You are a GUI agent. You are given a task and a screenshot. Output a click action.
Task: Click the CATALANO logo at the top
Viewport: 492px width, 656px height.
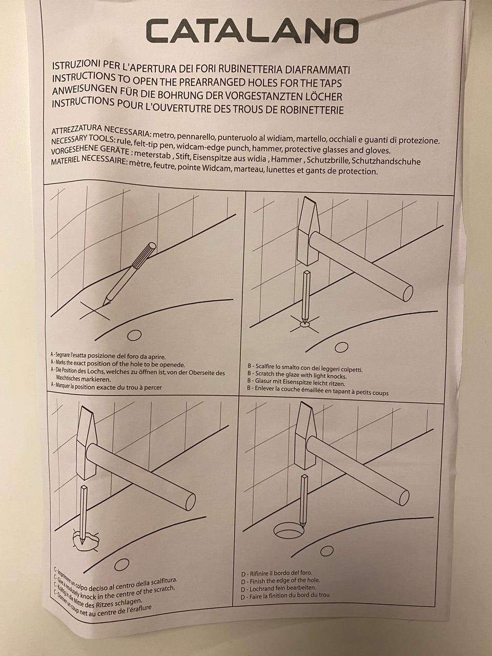[x=252, y=31]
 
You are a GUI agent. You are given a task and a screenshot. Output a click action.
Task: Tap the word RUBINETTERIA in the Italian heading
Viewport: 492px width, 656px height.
[x=250, y=69]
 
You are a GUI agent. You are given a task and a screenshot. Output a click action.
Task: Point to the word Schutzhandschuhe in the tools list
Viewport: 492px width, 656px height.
[x=386, y=161]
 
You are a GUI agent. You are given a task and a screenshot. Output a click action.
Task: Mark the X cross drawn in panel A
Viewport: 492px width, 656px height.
[x=95, y=311]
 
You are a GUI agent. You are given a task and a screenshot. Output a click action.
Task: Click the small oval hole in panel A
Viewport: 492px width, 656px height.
[x=134, y=335]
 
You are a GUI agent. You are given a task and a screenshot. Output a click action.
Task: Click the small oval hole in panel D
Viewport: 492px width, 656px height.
[x=326, y=551]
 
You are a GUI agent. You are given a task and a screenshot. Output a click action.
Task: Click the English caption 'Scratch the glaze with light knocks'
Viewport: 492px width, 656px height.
[x=297, y=375]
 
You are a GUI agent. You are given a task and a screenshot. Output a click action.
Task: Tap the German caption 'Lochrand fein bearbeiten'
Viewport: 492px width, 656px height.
[x=278, y=587]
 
